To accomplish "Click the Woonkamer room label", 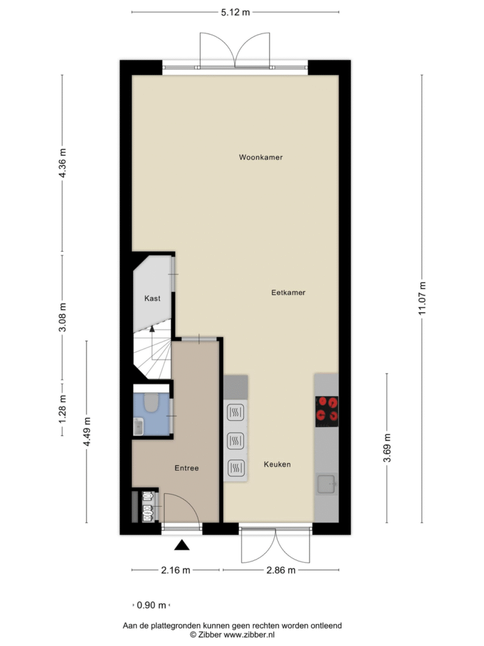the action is (260, 157).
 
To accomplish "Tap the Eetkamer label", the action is (288, 293).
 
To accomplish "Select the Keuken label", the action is (277, 464).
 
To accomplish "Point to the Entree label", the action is (187, 468).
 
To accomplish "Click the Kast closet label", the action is (153, 298).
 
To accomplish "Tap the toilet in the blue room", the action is (151, 402).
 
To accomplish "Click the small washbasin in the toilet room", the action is (138, 426).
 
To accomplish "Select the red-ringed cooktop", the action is (327, 411).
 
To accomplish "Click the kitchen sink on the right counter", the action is (327, 484).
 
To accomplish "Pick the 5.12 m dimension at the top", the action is (236, 13).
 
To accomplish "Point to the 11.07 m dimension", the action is (422, 298).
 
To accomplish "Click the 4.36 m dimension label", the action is (62, 163).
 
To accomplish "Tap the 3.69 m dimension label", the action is (387, 448).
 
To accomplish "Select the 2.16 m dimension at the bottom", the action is (175, 570).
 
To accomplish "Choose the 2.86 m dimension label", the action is (280, 570).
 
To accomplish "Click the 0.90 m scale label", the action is (151, 605).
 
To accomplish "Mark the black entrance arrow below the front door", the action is (181, 546).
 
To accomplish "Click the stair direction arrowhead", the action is (152, 328).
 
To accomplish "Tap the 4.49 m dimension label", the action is (86, 432).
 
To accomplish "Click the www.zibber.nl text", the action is (255, 635).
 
